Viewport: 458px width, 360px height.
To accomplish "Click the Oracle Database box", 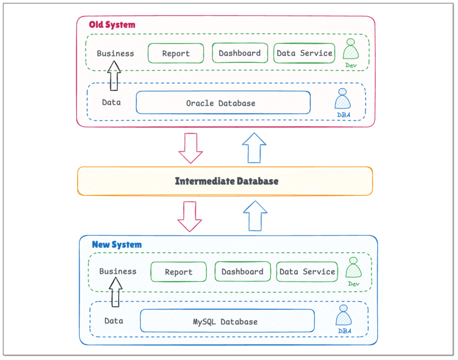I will click(223, 103).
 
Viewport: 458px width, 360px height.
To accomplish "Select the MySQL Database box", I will click(227, 321).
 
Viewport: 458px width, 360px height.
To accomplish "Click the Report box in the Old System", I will click(176, 53).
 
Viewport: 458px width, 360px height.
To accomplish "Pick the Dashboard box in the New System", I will click(242, 272).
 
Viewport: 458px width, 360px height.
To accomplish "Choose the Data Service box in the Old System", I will click(304, 53).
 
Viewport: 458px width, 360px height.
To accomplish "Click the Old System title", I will click(112, 25).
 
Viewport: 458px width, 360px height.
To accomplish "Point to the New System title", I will click(116, 244).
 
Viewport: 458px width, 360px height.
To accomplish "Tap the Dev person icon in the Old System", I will click(351, 50).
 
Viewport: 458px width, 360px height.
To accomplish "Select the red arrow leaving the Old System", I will click(191, 148).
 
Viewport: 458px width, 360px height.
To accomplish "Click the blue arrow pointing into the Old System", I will click(254, 148).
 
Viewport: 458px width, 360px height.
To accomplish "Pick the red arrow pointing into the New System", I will click(189, 216).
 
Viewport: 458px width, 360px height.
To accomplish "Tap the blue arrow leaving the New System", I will click(255, 216).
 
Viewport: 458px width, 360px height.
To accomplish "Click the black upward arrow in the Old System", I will click(114, 76).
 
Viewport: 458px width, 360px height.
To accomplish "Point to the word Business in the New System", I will click(118, 271).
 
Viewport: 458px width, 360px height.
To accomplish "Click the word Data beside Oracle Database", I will click(111, 102).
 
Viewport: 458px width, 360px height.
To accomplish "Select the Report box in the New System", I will click(179, 272).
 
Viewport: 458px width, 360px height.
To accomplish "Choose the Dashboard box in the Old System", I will click(240, 53).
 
